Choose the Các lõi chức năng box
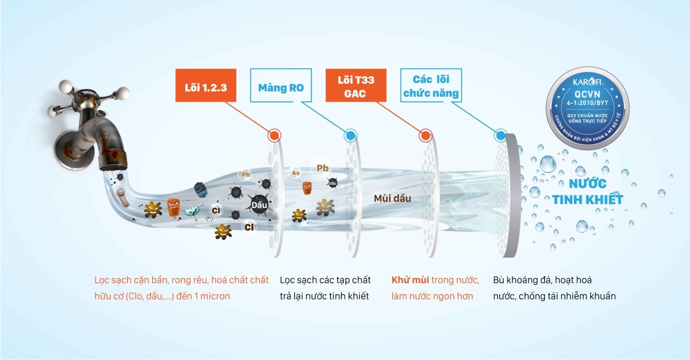coord(431,86)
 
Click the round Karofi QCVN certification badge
coord(587,108)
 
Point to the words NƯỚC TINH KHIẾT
coord(587,191)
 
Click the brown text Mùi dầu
coord(392,198)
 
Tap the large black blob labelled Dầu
coord(259,204)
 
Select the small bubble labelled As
coord(295,173)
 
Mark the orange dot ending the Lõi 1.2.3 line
coord(274,136)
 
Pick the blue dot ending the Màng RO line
coord(350,136)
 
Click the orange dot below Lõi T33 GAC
coord(425,136)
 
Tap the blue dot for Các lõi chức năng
coord(500,136)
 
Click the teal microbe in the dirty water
coord(192,211)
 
